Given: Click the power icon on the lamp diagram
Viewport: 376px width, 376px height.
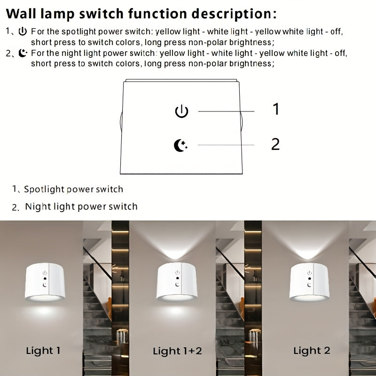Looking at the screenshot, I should pyautogui.click(x=181, y=111).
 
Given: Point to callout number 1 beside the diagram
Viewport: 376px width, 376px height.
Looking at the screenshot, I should pyautogui.click(x=276, y=109).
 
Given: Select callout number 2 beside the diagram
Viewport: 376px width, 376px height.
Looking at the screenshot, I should pyautogui.click(x=275, y=144).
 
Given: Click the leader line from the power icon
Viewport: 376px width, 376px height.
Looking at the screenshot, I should pyautogui.click(x=226, y=111).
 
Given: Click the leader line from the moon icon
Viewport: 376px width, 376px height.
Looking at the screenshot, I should pyautogui.click(x=226, y=145).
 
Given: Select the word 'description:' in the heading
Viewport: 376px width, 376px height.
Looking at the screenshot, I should pyautogui.click(x=236, y=14).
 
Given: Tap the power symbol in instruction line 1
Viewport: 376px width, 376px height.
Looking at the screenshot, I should pyautogui.click(x=23, y=32).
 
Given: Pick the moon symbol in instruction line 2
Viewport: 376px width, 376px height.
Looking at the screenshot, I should pyautogui.click(x=23, y=53).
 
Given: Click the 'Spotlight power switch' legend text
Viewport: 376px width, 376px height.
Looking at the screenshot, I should pyautogui.click(x=73, y=189).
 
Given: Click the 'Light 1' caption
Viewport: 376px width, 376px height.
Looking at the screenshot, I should pyautogui.click(x=43, y=351).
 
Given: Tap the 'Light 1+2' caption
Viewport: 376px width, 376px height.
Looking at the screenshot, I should pyautogui.click(x=177, y=351).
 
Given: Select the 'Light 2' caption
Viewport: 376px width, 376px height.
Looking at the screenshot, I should pyautogui.click(x=312, y=351).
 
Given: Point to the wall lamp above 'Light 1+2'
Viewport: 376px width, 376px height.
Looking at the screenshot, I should pyautogui.click(x=177, y=282).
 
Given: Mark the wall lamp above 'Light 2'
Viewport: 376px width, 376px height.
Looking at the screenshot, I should pyautogui.click(x=309, y=282).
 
